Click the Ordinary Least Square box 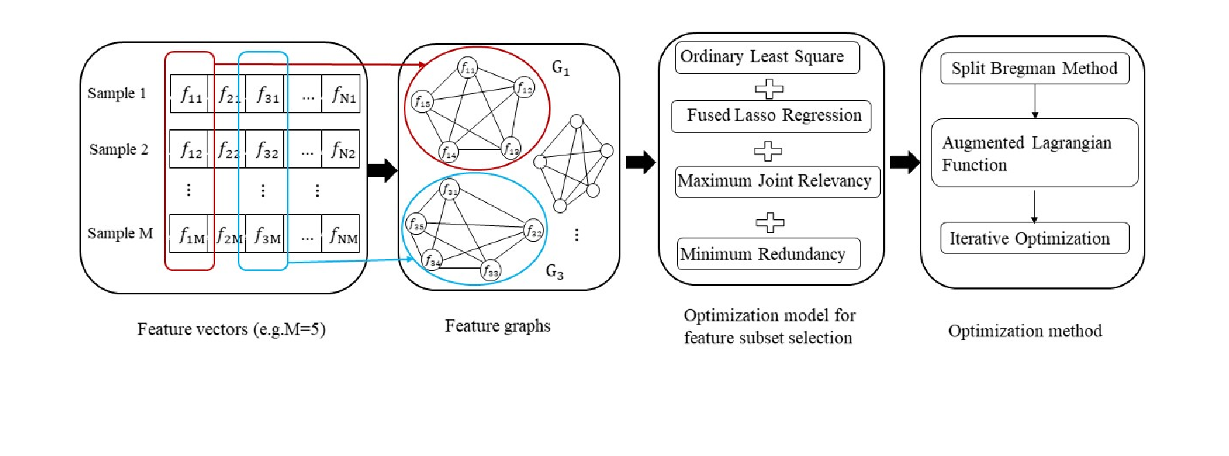[x=767, y=57]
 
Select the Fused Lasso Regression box [x=770, y=116]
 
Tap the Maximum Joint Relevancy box [x=777, y=182]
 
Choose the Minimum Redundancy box [x=768, y=254]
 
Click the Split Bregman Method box [x=1035, y=68]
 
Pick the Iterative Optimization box [x=1035, y=238]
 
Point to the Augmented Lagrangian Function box [x=1035, y=153]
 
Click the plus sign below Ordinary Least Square [x=768, y=88]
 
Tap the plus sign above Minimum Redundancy [x=770, y=222]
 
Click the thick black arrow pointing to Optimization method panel [x=905, y=163]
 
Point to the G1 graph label [x=560, y=68]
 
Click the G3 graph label [x=555, y=272]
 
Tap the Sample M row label [x=120, y=234]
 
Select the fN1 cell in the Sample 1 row [x=341, y=94]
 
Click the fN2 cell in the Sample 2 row [x=341, y=149]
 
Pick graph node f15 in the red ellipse [x=422, y=102]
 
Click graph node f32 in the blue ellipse [x=533, y=231]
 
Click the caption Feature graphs [x=498, y=326]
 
